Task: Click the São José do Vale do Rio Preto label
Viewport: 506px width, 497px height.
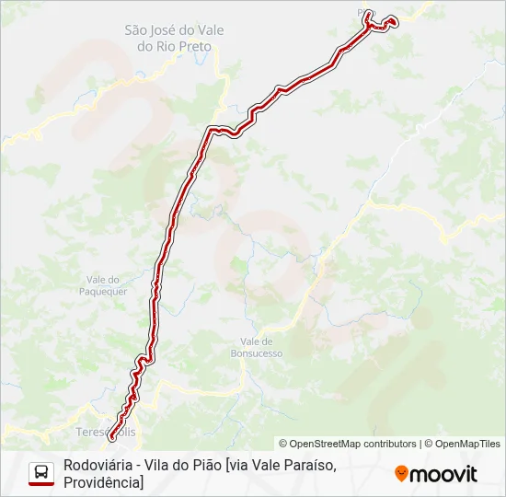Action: coord(174,38)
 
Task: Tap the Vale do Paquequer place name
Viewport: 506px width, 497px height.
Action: coord(107,285)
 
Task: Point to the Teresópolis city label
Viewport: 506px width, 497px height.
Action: coord(106,431)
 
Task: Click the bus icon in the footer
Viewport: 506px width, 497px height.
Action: coord(41,473)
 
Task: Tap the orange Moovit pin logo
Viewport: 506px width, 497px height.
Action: coord(401,474)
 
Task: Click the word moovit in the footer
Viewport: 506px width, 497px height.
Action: coord(443,474)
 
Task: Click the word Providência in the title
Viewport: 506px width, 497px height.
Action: coord(100,482)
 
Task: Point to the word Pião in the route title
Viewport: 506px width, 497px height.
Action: coord(202,466)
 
